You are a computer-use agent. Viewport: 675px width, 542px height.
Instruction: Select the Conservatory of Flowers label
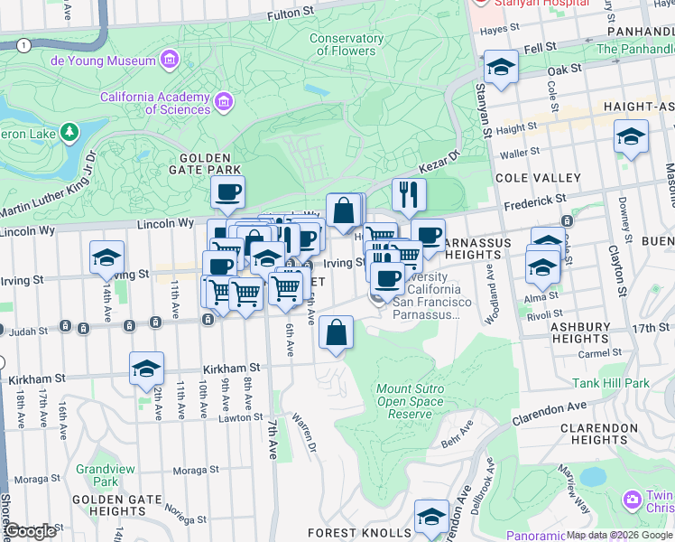point(347,44)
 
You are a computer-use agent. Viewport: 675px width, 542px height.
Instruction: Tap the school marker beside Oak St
point(501,67)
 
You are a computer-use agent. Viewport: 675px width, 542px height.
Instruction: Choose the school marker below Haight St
point(631,137)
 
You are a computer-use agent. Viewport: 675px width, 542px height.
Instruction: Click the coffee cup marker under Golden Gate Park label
point(228,192)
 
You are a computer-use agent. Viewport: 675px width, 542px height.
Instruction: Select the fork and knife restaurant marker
point(409,194)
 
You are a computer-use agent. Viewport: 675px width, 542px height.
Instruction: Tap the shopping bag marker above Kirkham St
point(336,332)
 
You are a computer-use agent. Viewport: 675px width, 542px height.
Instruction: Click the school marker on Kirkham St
point(146,368)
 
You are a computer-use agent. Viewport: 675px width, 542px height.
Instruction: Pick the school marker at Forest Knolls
point(431,517)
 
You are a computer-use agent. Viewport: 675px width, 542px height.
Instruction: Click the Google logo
point(31,530)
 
